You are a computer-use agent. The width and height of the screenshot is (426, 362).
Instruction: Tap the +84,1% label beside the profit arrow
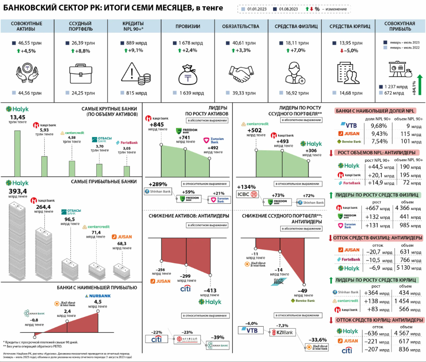click(x=414, y=88)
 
